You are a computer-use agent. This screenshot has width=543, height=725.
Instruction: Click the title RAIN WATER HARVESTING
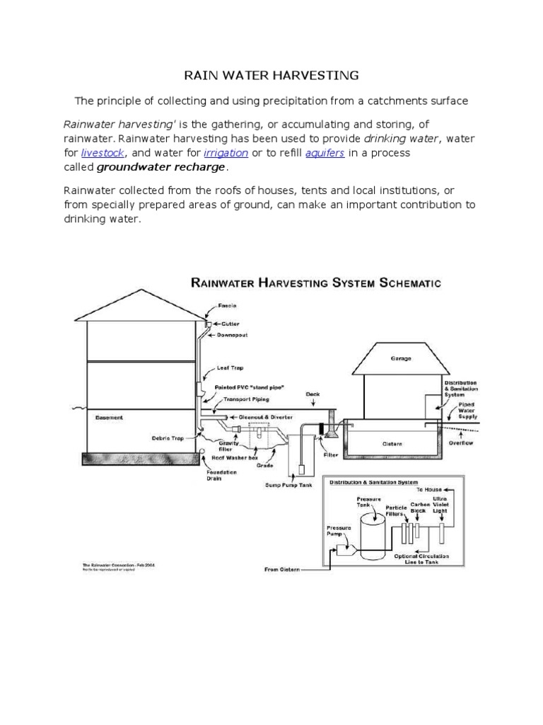pyautogui.click(x=271, y=74)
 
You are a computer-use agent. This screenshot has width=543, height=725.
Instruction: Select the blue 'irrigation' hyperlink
pyautogui.click(x=226, y=152)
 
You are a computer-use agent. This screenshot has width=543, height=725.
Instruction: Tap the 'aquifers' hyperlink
pyautogui.click(x=325, y=152)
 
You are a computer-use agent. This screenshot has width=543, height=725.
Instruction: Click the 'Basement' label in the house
pyautogui.click(x=109, y=418)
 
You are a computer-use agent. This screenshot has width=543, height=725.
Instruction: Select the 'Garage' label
pyautogui.click(x=401, y=358)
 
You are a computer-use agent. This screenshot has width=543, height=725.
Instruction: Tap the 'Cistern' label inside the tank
pyautogui.click(x=392, y=444)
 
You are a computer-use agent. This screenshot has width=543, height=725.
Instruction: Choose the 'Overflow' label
pyautogui.click(x=461, y=443)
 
